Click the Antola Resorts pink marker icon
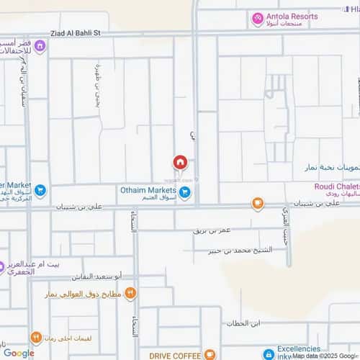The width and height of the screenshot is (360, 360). tap(257, 18)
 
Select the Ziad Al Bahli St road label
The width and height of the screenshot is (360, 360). tap(79, 33)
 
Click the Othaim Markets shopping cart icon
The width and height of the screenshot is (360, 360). tap(186, 192)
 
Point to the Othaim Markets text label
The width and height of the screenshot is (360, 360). tap(148, 190)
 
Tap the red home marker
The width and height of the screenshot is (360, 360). tap(180, 163)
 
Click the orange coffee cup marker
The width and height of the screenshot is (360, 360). tap(257, 204)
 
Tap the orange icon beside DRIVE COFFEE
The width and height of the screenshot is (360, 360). tap(210, 354)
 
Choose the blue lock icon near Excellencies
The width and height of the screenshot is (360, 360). tap(269, 354)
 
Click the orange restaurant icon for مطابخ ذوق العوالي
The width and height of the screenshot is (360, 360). tap(130, 292)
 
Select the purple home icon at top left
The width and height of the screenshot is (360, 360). tap(40, 48)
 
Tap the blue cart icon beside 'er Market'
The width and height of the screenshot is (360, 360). tap(40, 192)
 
